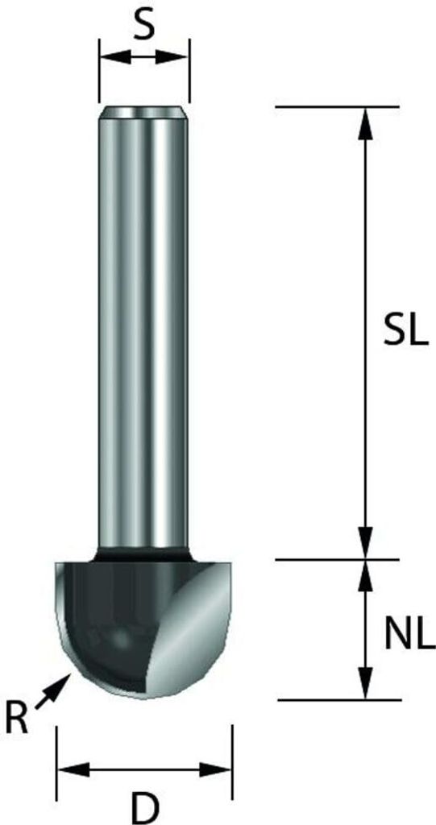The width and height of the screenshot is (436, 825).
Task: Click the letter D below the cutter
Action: [145, 806]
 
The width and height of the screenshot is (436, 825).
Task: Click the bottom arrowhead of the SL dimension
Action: [365, 546]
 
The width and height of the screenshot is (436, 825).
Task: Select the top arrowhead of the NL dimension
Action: [365, 571]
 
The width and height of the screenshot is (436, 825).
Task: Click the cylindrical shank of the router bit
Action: [144, 322]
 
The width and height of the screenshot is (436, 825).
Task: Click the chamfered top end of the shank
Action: [144, 110]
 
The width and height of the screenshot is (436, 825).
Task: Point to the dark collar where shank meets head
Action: [143, 555]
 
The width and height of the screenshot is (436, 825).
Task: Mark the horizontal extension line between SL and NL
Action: [338, 558]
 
